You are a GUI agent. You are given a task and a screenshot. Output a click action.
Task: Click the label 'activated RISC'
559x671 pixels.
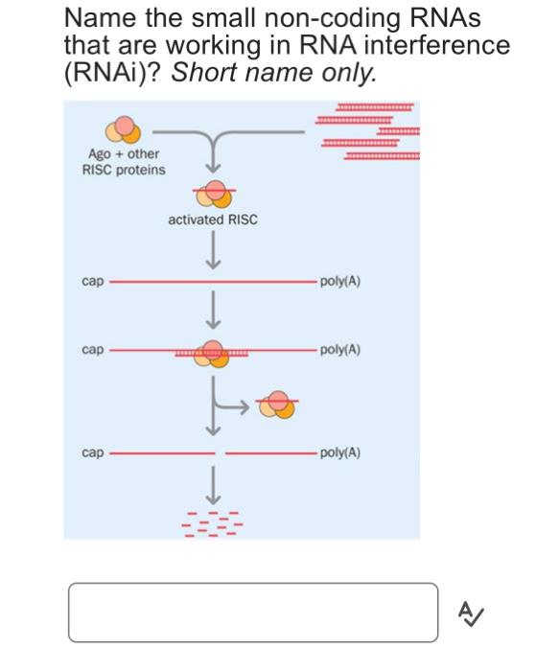212,220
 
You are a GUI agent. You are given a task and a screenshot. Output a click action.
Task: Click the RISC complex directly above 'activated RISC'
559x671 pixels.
212,192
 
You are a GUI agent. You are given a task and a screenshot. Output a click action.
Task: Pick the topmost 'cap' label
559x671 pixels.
93,282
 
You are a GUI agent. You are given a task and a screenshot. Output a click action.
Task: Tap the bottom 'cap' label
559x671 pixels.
93,451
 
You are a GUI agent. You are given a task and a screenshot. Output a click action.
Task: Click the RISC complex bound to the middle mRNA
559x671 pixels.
212,353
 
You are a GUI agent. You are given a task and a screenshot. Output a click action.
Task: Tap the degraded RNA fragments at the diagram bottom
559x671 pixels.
212,522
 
